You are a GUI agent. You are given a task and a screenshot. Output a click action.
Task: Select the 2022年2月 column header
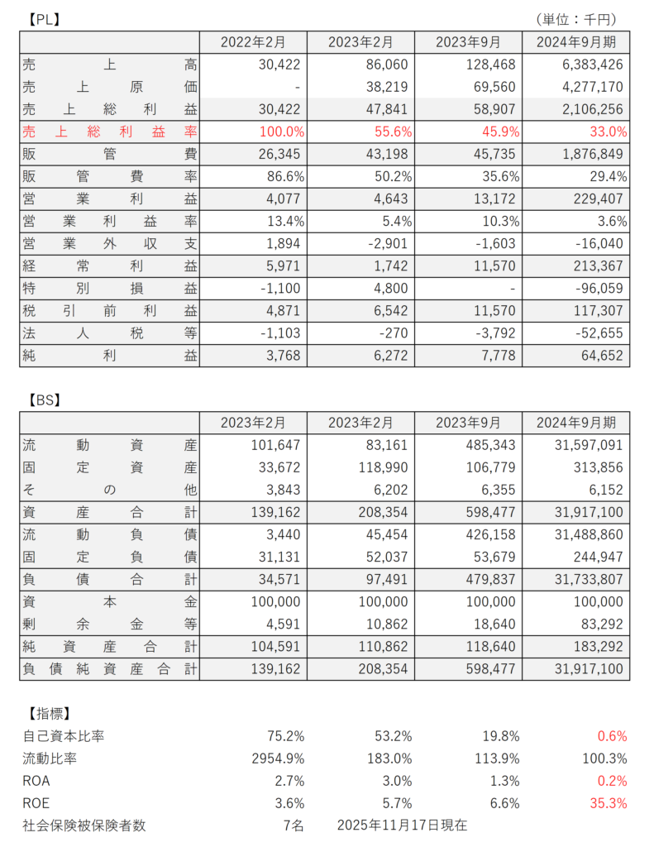pyautogui.click(x=253, y=42)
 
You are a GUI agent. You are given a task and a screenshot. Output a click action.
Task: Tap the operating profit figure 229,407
pyautogui.click(x=598, y=198)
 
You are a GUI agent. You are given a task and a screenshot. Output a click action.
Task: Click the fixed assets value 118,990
pyautogui.click(x=387, y=467)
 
